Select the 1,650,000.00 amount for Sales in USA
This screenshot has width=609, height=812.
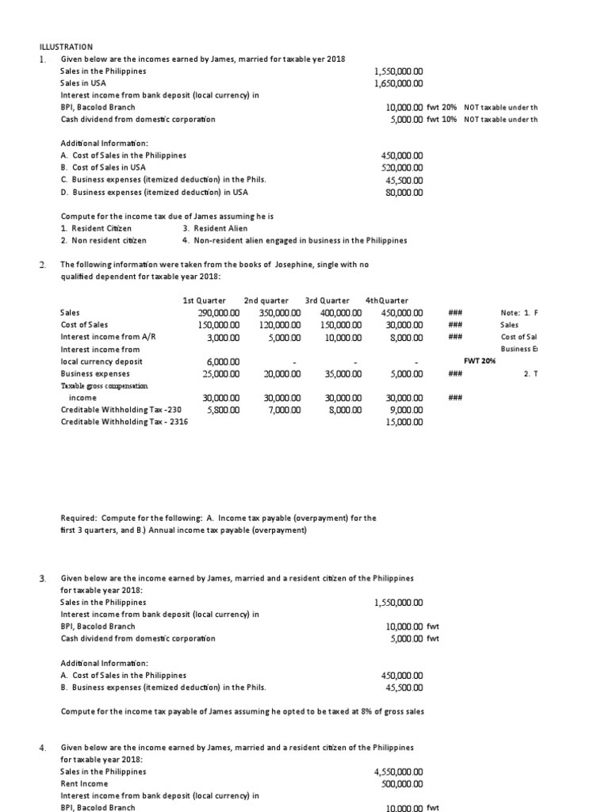coord(399,83)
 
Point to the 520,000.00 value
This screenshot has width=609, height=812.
coord(403,167)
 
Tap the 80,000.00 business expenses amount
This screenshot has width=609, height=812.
coord(403,191)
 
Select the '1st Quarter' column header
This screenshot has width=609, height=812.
coord(204,301)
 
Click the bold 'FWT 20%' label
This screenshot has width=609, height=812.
coord(481,361)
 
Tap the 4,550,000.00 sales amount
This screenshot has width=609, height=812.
coord(399,772)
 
